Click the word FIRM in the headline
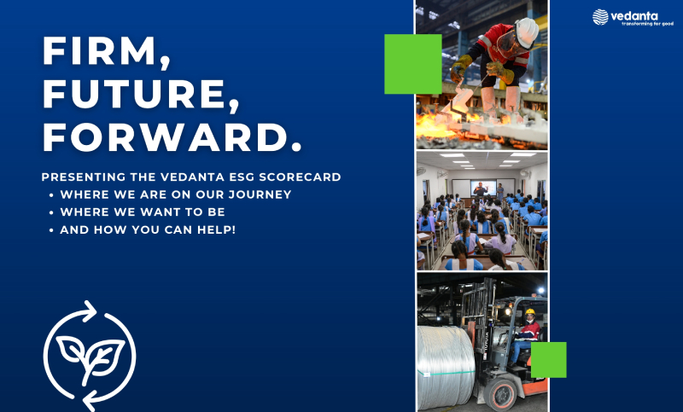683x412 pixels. tap(99, 51)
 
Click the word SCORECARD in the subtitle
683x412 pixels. tap(301, 177)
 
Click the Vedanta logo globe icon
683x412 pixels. tap(600, 17)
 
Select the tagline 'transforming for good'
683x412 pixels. tap(647, 24)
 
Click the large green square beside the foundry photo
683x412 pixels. tap(413, 64)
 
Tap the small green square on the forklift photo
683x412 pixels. tap(548, 360)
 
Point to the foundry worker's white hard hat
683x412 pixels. tap(527, 32)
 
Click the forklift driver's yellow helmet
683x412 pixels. tap(530, 311)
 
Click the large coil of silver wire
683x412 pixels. tap(446, 368)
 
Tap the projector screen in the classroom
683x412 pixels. tap(483, 188)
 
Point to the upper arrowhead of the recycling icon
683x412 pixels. tap(90, 310)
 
